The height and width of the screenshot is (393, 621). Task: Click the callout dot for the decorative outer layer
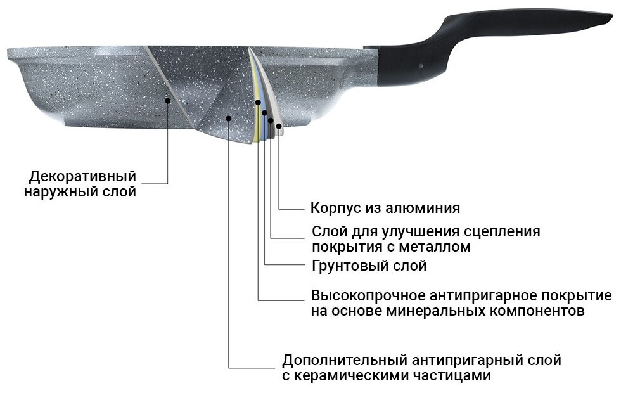click(x=168, y=99)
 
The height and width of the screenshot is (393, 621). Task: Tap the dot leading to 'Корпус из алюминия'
click(x=278, y=126)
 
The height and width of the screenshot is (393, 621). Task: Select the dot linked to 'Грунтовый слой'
click(x=264, y=113)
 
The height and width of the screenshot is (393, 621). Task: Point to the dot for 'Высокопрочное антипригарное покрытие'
click(x=259, y=102)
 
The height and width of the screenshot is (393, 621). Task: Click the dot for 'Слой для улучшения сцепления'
click(x=271, y=120)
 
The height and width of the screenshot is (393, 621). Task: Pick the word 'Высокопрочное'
click(x=362, y=296)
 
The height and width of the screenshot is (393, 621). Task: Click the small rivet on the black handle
click(x=421, y=65)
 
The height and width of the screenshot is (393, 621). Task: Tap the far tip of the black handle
click(x=611, y=18)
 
